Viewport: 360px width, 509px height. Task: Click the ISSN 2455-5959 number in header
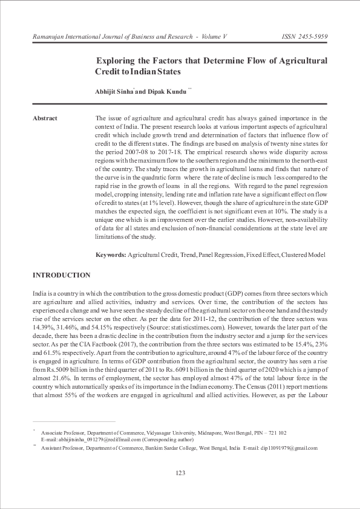pyautogui.click(x=305, y=37)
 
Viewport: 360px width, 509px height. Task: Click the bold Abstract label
pyautogui.click(x=45, y=118)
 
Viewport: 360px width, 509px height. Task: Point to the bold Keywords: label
pyautogui.click(x=111, y=255)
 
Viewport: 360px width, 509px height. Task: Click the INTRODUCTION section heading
pyautogui.click(x=61, y=276)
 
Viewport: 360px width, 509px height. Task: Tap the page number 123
pyautogui.click(x=180, y=473)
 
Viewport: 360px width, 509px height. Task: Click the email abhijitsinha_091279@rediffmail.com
pyautogui.click(x=89, y=440)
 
